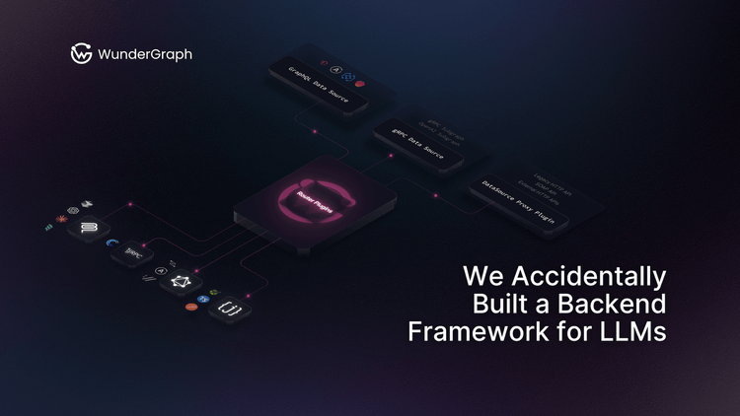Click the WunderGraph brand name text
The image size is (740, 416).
[145, 55]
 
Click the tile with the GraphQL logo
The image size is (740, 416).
[181, 284]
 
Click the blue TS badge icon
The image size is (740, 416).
[202, 298]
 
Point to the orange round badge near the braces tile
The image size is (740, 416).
[191, 307]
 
